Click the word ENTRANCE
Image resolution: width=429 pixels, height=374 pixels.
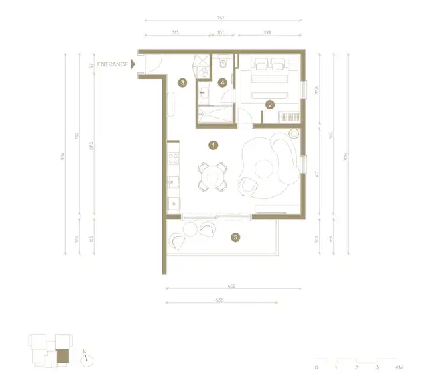coord(113,64)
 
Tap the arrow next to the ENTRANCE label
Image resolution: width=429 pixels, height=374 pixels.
coord(133,64)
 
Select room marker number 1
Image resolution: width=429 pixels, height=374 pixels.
coord(213,144)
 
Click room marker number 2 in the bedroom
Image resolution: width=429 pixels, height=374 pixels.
coord(269,105)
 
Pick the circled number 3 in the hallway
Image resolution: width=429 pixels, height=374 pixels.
coord(182,82)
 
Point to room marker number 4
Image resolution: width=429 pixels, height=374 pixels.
coord(222,82)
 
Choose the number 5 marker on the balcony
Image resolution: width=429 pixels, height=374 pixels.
coord(235,237)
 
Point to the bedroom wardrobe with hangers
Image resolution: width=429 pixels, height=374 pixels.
coord(282,117)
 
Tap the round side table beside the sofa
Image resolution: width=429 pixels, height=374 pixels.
coord(293,133)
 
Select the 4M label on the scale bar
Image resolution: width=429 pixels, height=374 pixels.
coord(399,367)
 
